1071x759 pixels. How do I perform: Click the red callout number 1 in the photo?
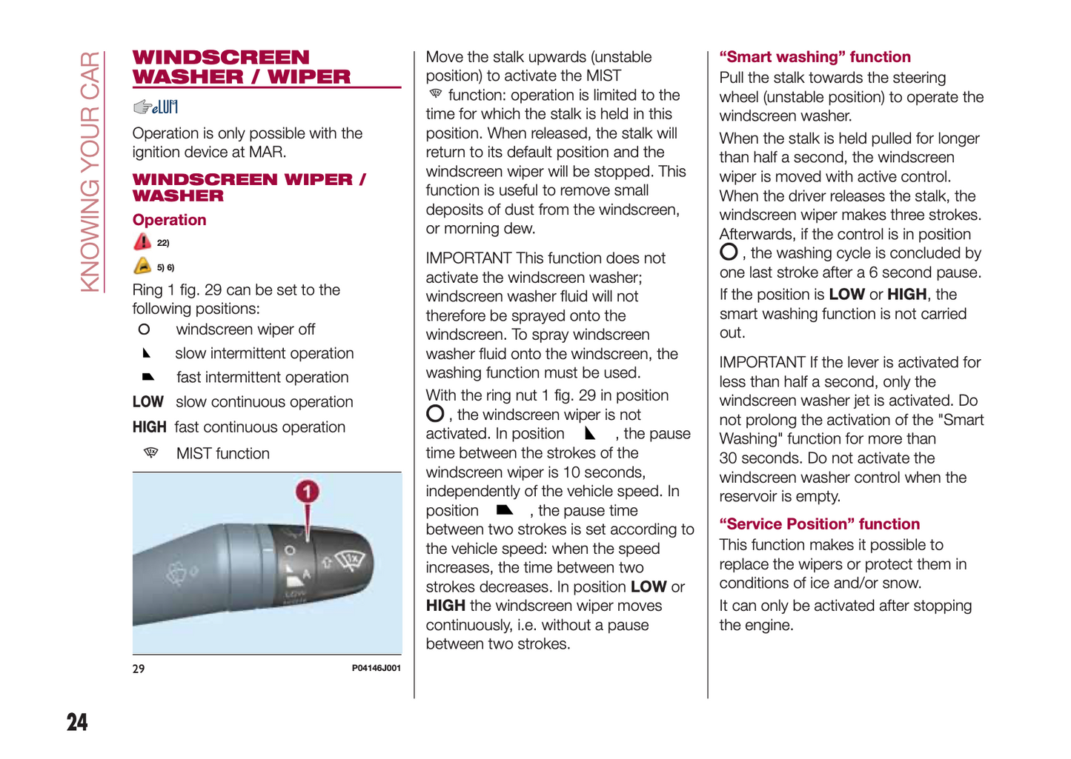[307, 492]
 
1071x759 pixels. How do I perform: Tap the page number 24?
[77, 722]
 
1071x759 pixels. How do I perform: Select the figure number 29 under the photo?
[139, 669]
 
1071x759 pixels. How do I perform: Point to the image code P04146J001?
[376, 668]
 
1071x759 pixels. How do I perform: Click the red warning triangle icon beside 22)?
[142, 241]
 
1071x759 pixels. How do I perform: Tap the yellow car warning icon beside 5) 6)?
[142, 266]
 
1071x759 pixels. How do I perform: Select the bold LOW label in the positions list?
[147, 402]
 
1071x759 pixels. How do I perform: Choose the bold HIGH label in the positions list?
[149, 427]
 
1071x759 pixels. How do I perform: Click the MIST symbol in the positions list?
[150, 452]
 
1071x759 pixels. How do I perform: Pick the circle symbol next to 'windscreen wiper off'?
[144, 330]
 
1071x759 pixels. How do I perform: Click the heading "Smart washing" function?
[815, 57]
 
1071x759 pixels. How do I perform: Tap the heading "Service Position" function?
[819, 524]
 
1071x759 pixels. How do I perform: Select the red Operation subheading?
[169, 220]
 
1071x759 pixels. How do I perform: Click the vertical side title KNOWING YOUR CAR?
[90, 172]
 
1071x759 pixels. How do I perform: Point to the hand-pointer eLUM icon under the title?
[155, 107]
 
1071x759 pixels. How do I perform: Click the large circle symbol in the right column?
[729, 253]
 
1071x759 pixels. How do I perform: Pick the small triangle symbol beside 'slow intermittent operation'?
[146, 353]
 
